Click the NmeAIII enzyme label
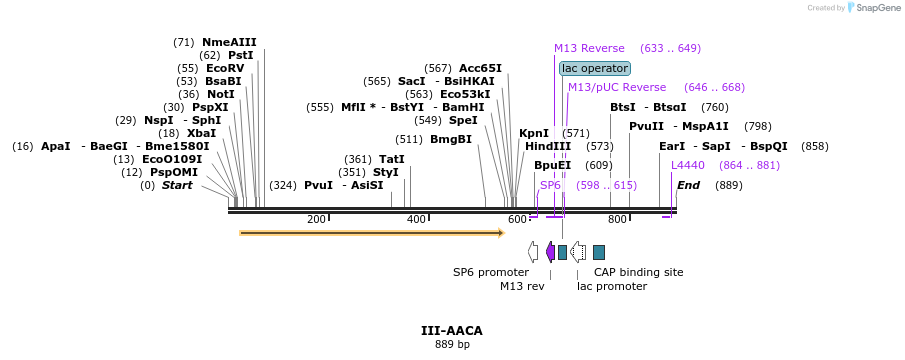(x=229, y=42)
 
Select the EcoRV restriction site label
(x=225, y=68)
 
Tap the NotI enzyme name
(x=221, y=94)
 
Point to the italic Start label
(x=177, y=185)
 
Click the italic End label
(x=689, y=185)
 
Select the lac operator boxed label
(x=595, y=69)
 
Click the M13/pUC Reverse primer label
(x=617, y=88)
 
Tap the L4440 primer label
(x=688, y=166)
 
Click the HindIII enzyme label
(x=548, y=147)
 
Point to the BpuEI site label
(x=552, y=166)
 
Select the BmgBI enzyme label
(x=451, y=140)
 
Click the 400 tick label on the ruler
(x=416, y=219)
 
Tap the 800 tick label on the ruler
(x=617, y=219)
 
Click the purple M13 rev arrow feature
(x=551, y=252)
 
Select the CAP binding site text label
(x=639, y=272)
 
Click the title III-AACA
(x=452, y=331)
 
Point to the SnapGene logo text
(x=881, y=8)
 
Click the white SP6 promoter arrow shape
(x=533, y=252)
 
